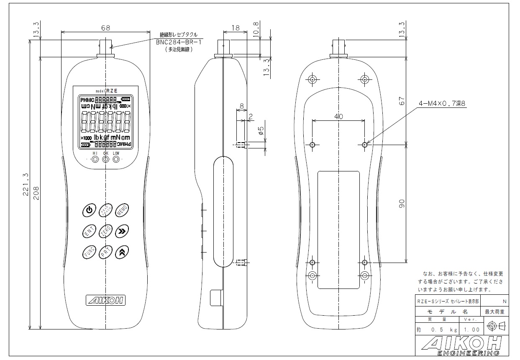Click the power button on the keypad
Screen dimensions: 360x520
coord(89,210)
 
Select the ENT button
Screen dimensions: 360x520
coord(89,231)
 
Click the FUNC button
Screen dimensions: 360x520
coord(89,252)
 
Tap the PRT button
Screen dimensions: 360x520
coord(105,252)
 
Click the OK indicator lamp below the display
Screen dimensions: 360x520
coord(105,159)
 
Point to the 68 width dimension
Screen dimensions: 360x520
coord(105,28)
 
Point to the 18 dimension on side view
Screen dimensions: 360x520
coord(236,28)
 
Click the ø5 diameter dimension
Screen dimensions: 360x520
coord(261,132)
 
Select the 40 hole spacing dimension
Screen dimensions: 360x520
coord(338,117)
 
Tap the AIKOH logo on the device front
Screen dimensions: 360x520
coord(105,300)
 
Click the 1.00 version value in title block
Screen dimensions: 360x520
coord(471,330)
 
